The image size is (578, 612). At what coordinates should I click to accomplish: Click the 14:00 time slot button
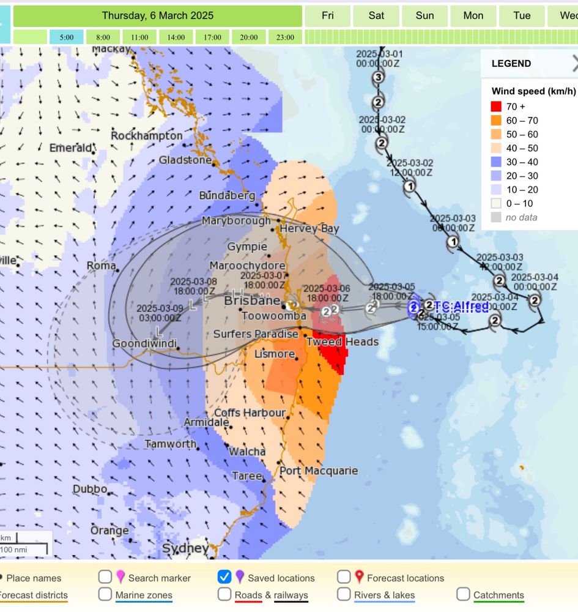click(176, 37)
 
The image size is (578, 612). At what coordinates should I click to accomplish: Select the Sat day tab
click(376, 16)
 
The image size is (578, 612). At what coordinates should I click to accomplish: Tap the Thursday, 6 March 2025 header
click(158, 16)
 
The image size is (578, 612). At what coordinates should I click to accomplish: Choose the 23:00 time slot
click(285, 37)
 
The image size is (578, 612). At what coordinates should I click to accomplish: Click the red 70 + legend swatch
click(496, 107)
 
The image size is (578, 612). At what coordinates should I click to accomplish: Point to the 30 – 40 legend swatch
click(496, 162)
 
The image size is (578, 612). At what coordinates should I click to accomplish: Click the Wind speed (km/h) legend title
click(533, 91)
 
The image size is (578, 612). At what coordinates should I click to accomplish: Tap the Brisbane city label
click(252, 301)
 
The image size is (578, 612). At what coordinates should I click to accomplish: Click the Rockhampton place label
click(147, 135)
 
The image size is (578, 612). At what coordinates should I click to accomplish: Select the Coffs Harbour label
click(250, 413)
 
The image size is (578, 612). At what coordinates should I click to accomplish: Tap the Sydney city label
click(185, 548)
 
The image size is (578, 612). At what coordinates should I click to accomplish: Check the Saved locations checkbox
click(224, 577)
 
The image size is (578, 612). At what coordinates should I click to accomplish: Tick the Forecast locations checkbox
click(344, 577)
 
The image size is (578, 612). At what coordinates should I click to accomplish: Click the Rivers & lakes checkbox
click(344, 594)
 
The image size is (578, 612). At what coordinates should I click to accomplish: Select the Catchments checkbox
click(463, 594)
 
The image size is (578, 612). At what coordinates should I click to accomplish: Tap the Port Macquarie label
click(318, 471)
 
